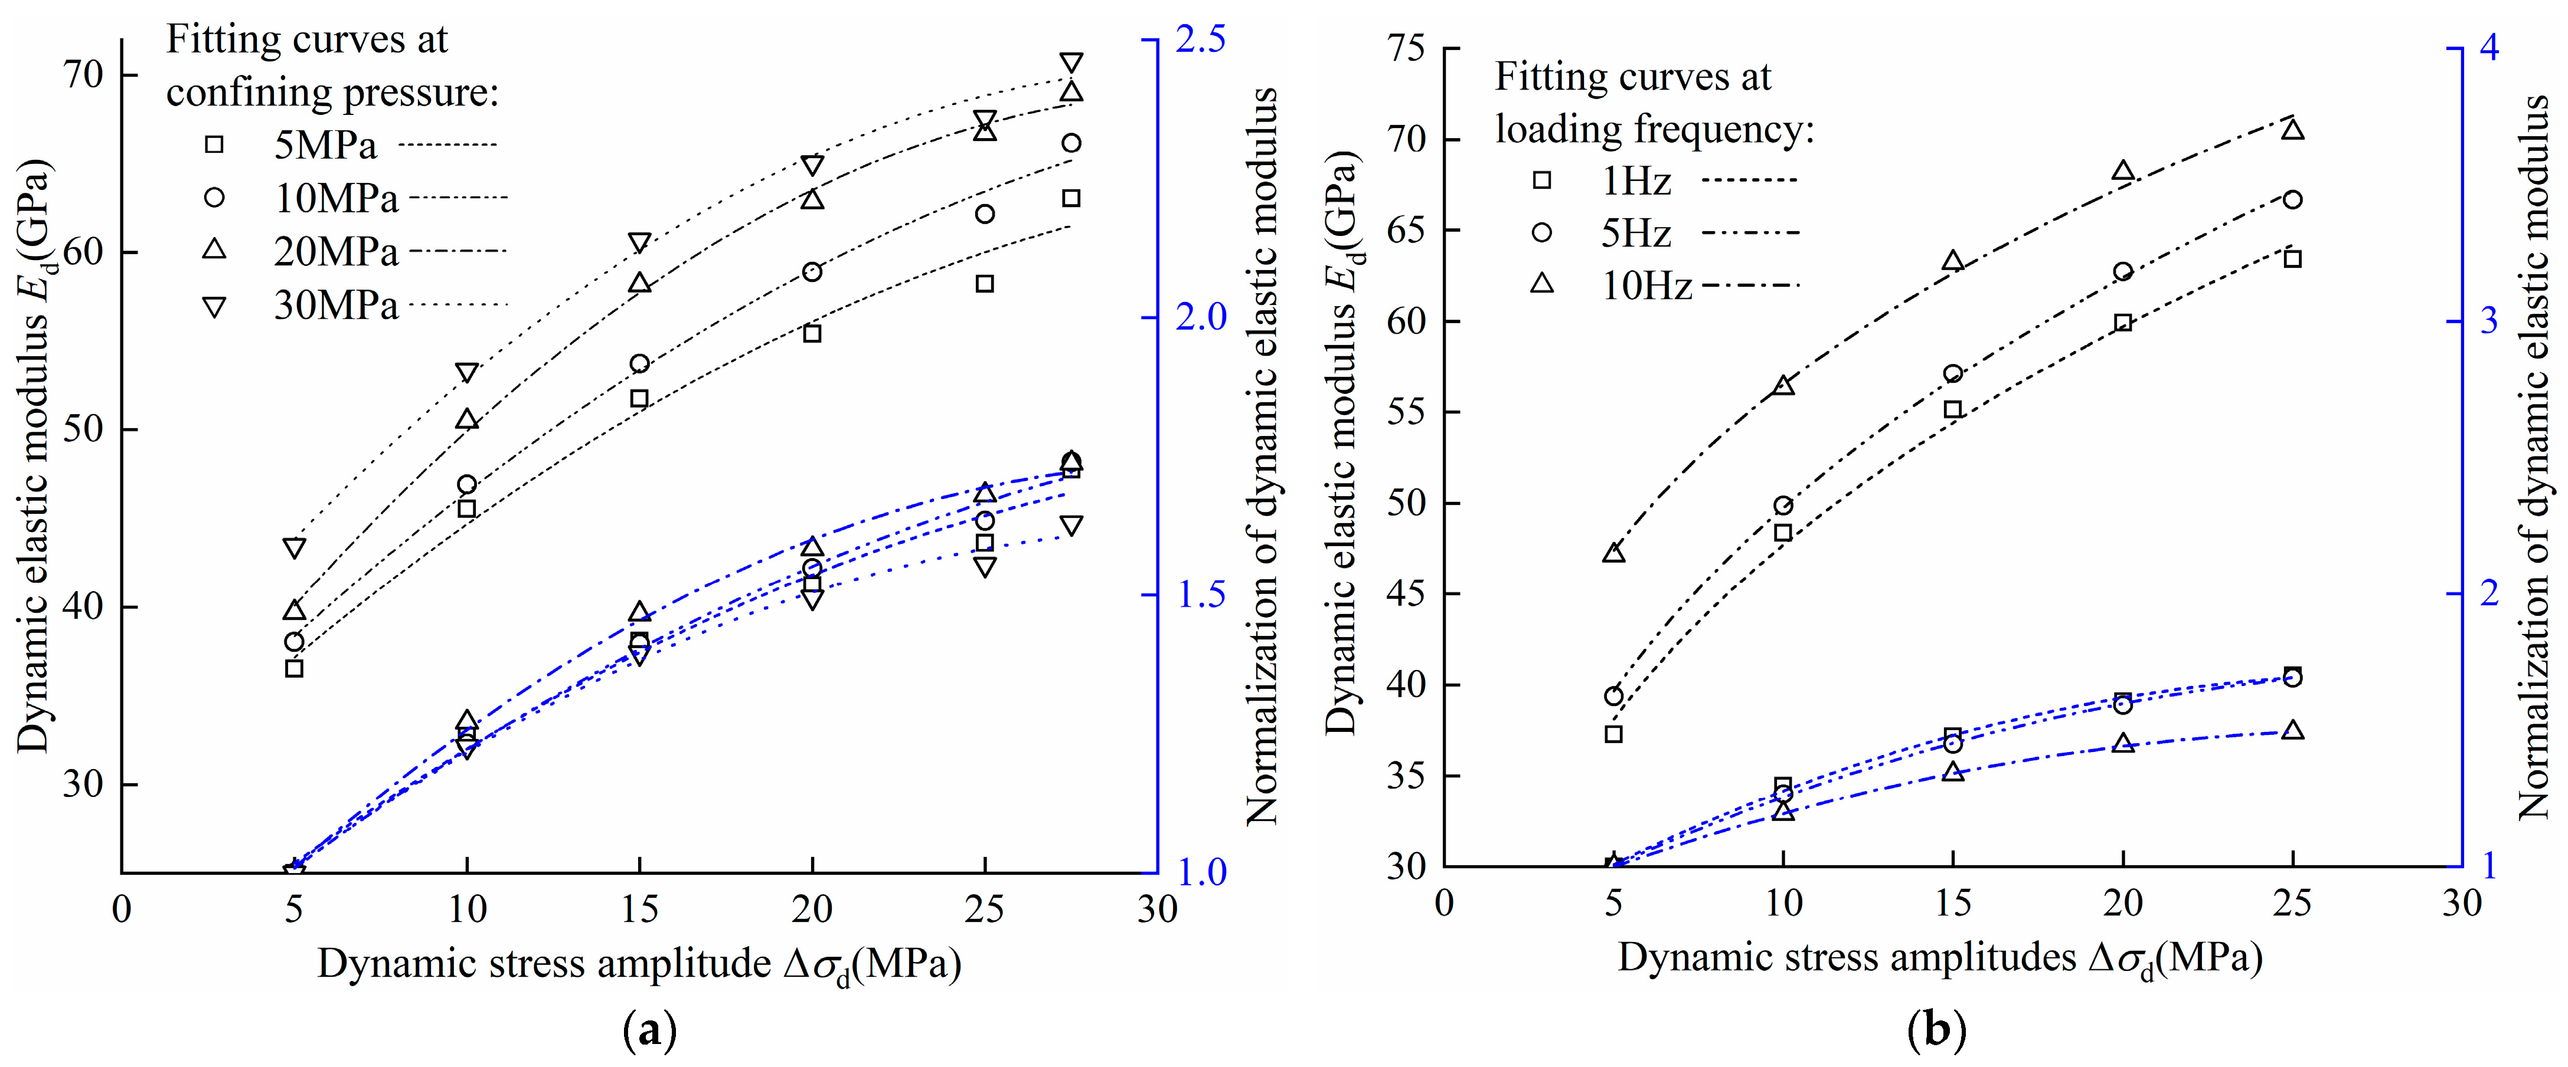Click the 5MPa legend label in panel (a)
coord(326,146)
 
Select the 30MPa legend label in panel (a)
coord(336,305)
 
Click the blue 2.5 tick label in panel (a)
coord(1201,40)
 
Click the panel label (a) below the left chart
coord(649,1030)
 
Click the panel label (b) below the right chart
coord(1935,1030)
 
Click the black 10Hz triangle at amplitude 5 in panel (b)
coord(1614,553)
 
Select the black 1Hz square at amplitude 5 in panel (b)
coord(1614,734)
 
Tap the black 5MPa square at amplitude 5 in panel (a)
coord(294,668)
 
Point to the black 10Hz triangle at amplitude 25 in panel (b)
coord(2293,130)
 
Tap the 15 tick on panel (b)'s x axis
coord(1953,904)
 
